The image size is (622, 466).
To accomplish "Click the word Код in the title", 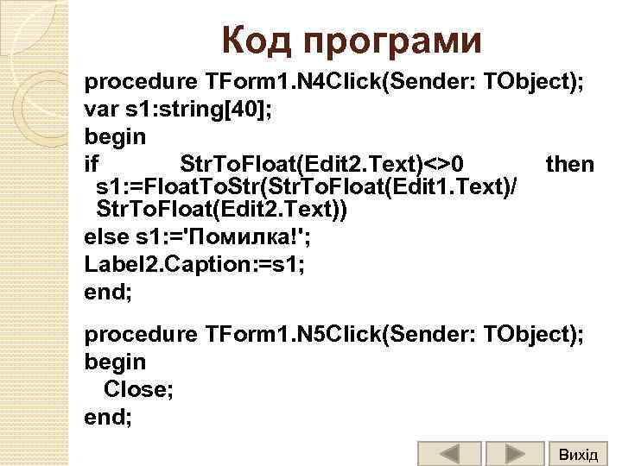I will click(260, 41).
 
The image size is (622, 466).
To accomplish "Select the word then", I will click(570, 164).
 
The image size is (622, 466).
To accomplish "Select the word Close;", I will click(138, 389).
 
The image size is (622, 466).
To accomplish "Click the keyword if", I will click(92, 164).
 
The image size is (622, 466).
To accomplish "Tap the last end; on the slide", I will click(108, 417).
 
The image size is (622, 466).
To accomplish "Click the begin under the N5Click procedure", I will click(115, 361).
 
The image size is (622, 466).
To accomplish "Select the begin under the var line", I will click(115, 136).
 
